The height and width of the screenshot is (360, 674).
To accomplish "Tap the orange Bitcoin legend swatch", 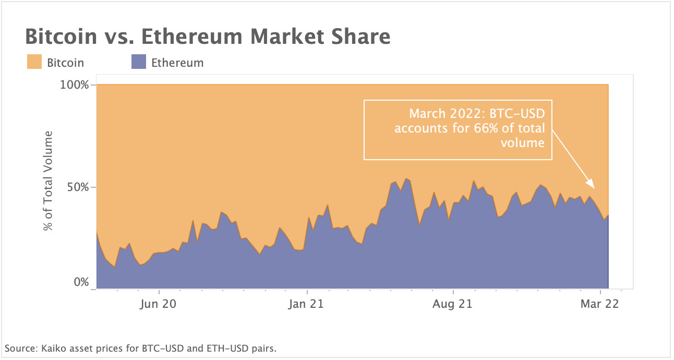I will point(34,63).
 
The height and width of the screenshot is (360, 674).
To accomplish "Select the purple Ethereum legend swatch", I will point(138,63).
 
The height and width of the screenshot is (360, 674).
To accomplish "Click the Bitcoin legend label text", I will point(65,63).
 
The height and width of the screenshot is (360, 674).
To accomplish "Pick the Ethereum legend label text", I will point(177,63).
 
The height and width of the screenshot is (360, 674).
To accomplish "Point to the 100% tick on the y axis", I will point(77,85).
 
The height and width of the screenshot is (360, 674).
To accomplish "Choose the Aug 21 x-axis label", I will point(453,304).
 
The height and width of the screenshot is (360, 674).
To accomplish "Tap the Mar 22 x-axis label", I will point(600,304).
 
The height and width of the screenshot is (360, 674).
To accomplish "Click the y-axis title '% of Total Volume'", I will point(49,181).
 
